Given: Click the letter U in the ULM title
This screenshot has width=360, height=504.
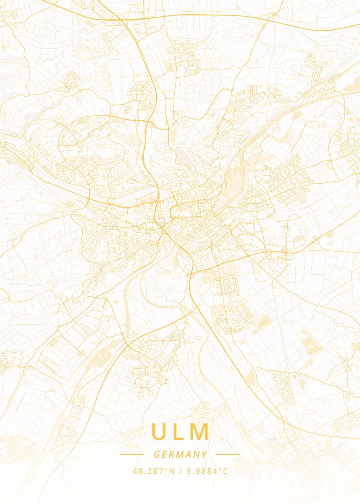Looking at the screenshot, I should pos(159,432).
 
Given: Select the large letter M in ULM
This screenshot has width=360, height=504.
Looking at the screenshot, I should pos(201,432).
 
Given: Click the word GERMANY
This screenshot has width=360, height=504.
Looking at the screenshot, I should pos(180,454).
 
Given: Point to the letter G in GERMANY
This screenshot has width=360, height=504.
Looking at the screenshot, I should pos(157,454).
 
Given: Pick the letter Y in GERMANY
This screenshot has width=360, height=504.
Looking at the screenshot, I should pos(204,454).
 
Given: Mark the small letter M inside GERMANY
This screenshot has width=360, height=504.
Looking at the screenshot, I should pos(180,454).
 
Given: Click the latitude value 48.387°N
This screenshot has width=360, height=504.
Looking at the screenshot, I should pos(154,471).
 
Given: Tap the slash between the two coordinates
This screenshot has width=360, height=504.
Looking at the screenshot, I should pos(180,471).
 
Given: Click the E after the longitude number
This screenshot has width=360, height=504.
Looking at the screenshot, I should pos(225,471).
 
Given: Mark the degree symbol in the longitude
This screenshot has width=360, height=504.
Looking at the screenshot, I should pos(221,470).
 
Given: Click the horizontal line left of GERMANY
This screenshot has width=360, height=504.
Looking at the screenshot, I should pos(132,454).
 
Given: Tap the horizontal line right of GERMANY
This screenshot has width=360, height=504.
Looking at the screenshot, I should pos(228,454).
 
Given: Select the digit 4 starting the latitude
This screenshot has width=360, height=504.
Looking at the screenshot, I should pos(135,471).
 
